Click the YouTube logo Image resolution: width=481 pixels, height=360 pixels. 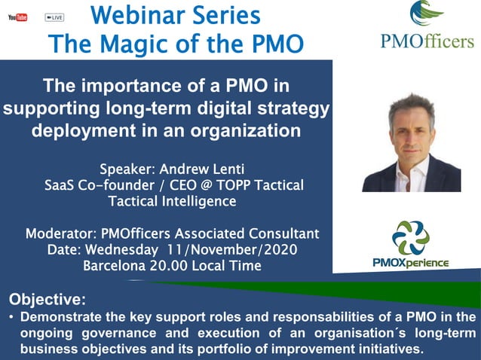(x=17, y=17)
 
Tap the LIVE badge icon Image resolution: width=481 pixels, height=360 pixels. (x=54, y=17)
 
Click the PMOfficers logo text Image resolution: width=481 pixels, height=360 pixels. (x=427, y=41)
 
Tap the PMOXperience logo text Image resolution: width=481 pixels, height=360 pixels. (x=412, y=262)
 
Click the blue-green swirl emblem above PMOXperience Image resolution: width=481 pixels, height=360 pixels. (x=411, y=237)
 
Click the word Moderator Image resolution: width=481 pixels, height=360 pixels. (x=62, y=233)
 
